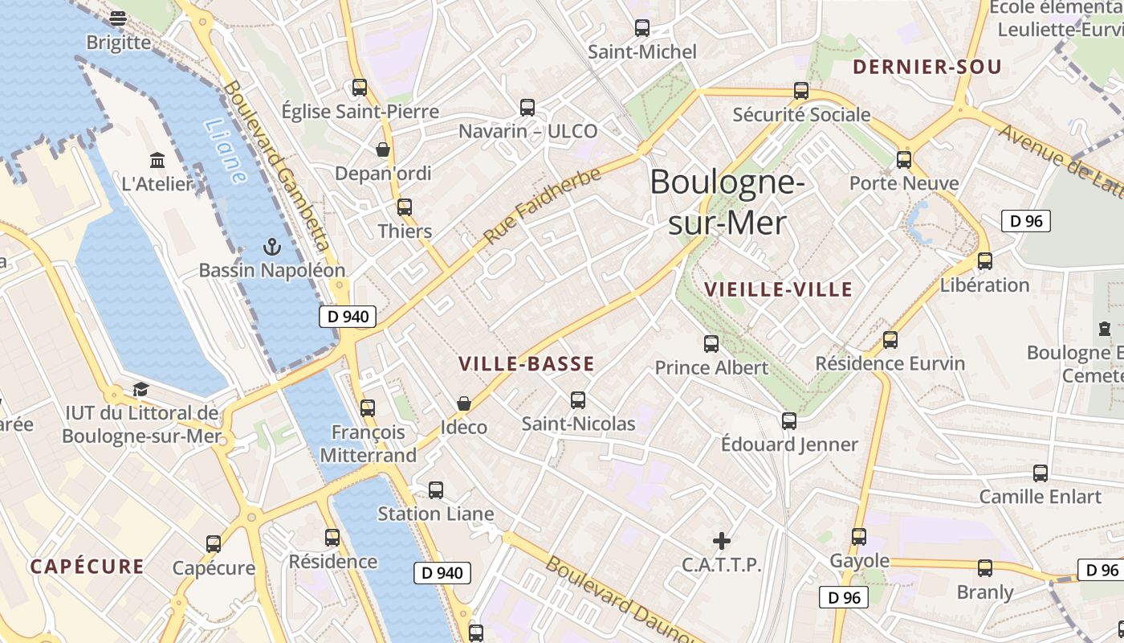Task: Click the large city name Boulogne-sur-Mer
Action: coord(727,202)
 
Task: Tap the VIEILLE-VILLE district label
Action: coord(777,289)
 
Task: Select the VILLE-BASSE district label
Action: coord(527,364)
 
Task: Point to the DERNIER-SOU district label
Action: coord(927,67)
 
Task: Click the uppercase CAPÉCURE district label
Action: coord(88,567)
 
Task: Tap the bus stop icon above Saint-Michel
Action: coord(642,28)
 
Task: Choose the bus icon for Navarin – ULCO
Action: coord(527,108)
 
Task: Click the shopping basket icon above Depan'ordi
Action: coord(383,149)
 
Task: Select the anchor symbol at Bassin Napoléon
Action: coord(271,247)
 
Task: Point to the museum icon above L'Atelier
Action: coord(157,160)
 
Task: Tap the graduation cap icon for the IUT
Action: coord(140,390)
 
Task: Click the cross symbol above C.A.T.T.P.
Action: coord(722,540)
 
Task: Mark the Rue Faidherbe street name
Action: coord(542,207)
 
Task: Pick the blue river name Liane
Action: coord(225,151)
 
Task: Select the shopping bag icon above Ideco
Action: coord(463,403)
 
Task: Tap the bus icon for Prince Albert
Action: coord(711,344)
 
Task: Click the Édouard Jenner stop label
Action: coord(789,444)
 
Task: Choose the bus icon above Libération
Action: coord(985,261)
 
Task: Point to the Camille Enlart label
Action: coord(1040,496)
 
